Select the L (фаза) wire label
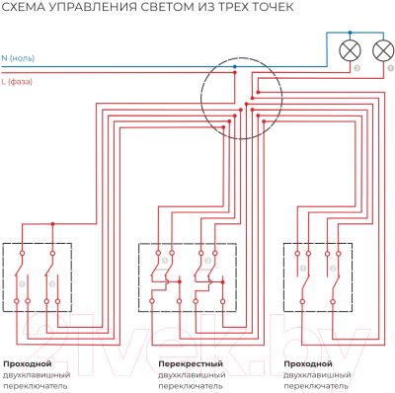[x=22, y=84]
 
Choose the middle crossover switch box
[x=187, y=279]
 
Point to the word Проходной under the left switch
[x=28, y=364]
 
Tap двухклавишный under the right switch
[x=316, y=375]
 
